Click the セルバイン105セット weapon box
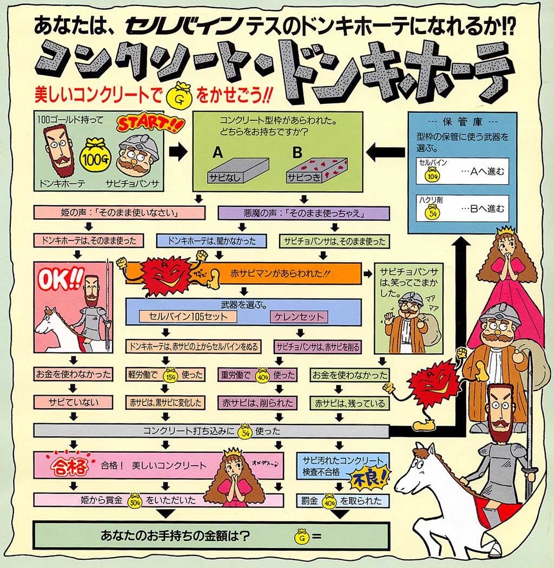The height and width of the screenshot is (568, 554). (184, 317)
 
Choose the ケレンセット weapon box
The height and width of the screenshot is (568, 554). (299, 317)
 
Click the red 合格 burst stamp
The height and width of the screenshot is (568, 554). (65, 466)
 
